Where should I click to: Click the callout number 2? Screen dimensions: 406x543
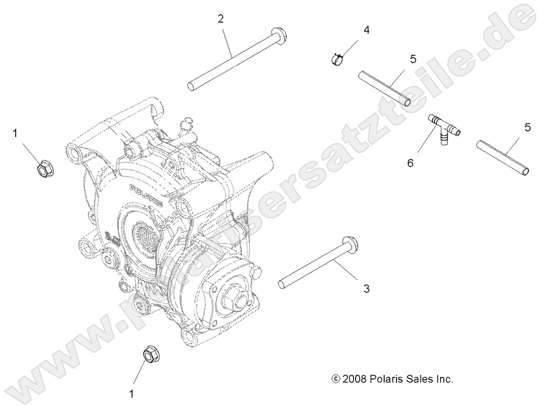tap(221, 19)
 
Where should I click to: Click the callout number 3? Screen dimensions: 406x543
tap(367, 288)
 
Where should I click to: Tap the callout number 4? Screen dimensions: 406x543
tap(367, 29)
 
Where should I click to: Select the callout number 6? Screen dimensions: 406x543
tap(410, 164)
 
